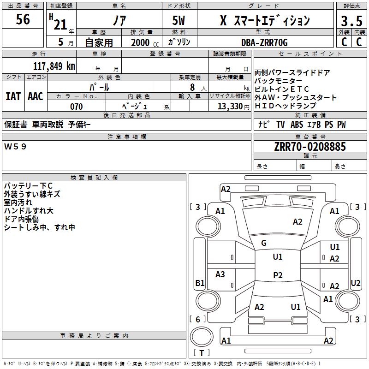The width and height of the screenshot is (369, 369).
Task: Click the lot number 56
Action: pyautogui.click(x=23, y=19)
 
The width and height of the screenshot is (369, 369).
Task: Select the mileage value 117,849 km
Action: pyautogui.click(x=54, y=66)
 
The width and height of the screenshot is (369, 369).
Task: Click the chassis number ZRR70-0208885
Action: pyautogui.click(x=310, y=147)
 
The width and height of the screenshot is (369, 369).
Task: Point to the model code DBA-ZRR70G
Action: pyautogui.click(x=264, y=42)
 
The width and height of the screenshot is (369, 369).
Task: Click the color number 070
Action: pyautogui.click(x=76, y=107)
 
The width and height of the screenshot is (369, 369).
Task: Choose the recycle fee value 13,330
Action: pyautogui.click(x=230, y=107)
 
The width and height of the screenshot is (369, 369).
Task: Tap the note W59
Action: pyautogui.click(x=16, y=147)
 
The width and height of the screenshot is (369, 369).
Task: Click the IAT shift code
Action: pyautogui.click(x=13, y=96)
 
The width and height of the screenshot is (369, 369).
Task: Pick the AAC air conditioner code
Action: pyautogui.click(x=35, y=96)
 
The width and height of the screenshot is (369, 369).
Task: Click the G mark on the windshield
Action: pyautogui.click(x=264, y=243)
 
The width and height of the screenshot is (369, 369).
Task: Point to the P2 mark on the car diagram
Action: pyautogui.click(x=278, y=275)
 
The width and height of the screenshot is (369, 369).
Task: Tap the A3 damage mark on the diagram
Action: pyautogui.click(x=220, y=274)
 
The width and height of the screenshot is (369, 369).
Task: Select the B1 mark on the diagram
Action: pyautogui.click(x=200, y=283)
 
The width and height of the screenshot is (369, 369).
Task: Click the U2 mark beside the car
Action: pyautogui.click(x=356, y=283)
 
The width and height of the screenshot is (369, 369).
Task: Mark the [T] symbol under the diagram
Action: pyautogui.click(x=202, y=353)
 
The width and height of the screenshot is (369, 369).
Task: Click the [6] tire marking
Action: pyautogui.click(x=198, y=319)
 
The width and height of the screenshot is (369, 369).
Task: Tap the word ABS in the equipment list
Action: pyautogui.click(x=297, y=125)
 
